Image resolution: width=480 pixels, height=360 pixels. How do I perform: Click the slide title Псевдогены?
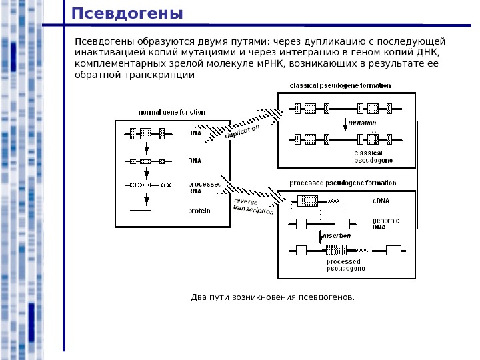point(127,14)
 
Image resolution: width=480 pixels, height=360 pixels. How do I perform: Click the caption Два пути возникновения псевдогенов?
point(273,297)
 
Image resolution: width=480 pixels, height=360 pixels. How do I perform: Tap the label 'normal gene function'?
point(172,112)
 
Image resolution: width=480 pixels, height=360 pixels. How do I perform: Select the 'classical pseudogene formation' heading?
point(340,86)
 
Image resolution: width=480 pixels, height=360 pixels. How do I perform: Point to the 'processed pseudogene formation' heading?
point(343,183)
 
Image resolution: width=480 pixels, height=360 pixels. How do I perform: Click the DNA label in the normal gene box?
point(195,133)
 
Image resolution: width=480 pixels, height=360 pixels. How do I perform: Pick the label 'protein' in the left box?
point(199,211)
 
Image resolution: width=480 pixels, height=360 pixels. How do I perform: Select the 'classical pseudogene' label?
point(373,157)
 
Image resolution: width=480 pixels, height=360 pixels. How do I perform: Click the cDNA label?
point(381,200)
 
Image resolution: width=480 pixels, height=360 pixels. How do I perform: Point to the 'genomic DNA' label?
point(385,223)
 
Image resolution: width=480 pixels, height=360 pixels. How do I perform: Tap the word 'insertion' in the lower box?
point(337,236)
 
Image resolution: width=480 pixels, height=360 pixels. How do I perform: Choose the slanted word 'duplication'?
point(242,132)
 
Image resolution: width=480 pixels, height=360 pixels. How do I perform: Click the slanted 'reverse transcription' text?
point(253,206)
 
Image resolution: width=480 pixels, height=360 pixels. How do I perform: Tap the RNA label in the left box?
point(195,161)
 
